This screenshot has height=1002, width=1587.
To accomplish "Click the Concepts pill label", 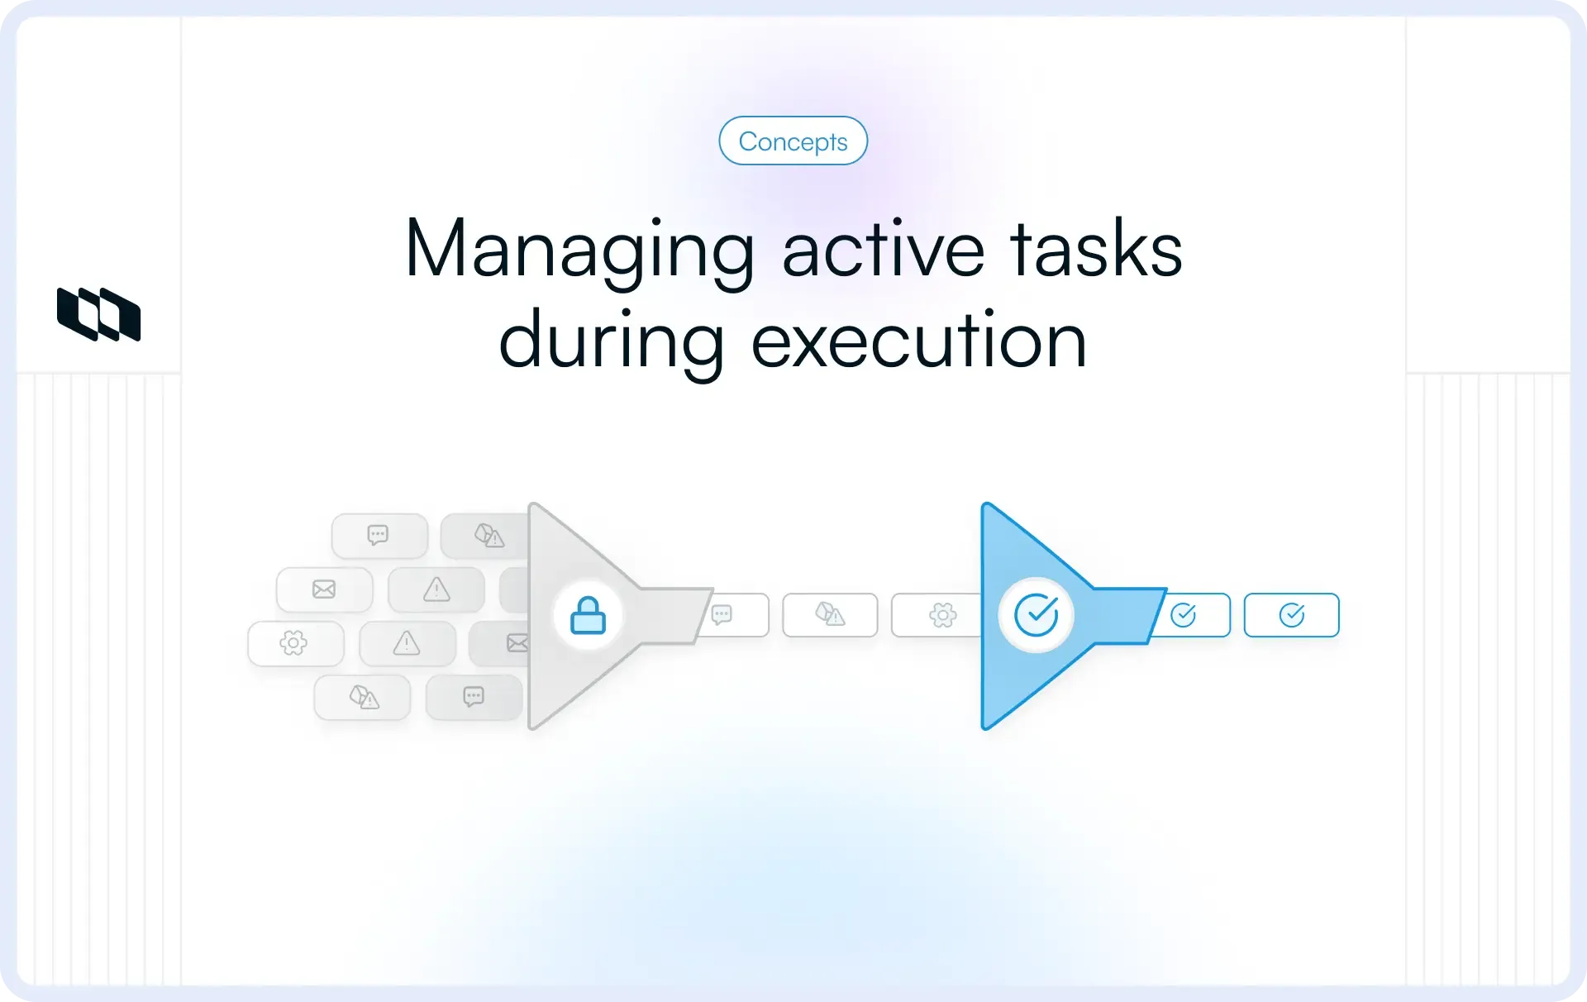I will (793, 141).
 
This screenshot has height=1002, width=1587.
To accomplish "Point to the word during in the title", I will (611, 341).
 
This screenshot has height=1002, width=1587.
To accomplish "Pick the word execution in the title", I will (918, 341).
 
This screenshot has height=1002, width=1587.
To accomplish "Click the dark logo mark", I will (98, 314).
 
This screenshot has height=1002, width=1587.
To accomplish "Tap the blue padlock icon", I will (588, 616).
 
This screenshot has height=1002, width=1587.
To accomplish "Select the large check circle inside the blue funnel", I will (1036, 615).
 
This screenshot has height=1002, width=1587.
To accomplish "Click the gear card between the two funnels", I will (939, 615).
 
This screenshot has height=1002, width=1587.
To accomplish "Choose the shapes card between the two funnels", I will (830, 615).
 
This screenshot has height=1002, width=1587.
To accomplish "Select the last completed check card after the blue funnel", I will (1291, 615).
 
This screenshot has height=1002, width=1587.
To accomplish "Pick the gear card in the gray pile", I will (295, 643).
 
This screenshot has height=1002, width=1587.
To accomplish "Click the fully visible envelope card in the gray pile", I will (324, 589).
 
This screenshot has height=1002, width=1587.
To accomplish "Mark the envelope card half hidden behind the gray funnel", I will (504, 643).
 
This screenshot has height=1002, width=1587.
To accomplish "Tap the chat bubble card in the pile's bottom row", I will (474, 697).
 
